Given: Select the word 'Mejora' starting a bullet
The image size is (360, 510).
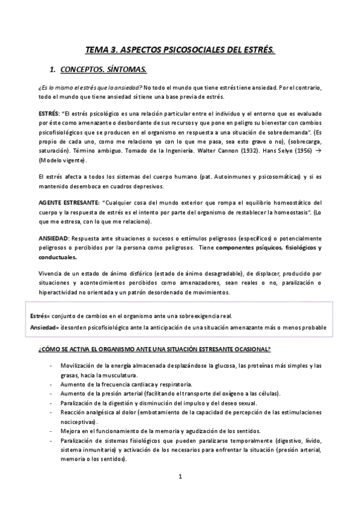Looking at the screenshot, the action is coord(71,431).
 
